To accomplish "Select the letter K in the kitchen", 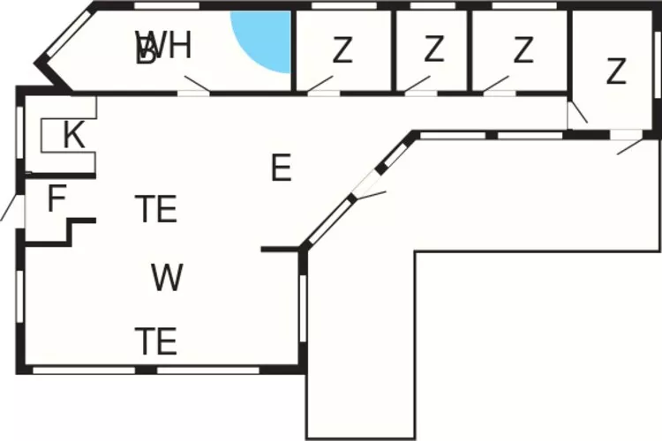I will point(74,137).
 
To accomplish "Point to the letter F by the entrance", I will point(56,199).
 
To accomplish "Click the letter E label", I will point(281,168).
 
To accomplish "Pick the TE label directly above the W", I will point(156,210).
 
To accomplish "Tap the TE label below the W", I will point(156,340).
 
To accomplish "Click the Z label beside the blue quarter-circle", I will point(342,50).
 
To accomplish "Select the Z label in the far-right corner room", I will point(616,71).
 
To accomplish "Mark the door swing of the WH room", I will point(196,85).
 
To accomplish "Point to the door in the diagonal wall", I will point(367,193).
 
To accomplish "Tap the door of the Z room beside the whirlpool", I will point(319,86).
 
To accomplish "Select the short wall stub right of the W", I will point(279,250).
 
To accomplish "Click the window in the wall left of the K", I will point(19,132).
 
